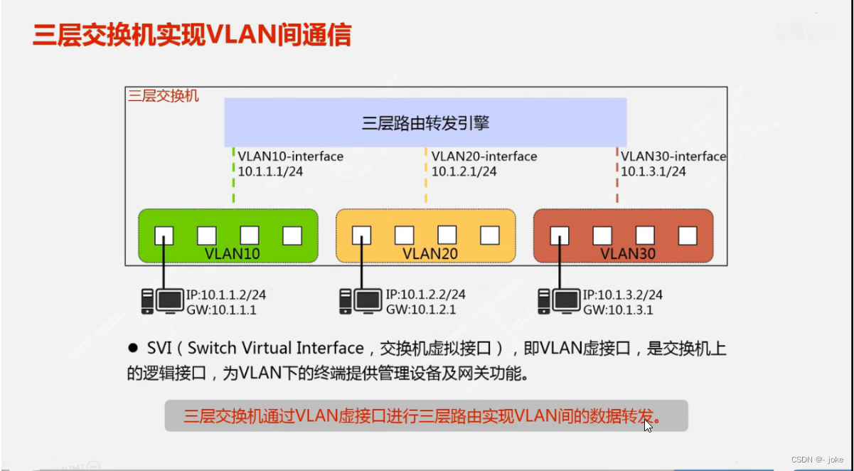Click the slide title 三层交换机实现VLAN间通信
192,35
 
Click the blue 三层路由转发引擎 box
425,123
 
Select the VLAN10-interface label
290,157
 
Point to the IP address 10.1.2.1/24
464,171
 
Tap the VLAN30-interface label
673,157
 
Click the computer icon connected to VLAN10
162,301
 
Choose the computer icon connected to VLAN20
361,301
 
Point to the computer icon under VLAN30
558,301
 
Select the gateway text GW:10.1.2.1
421,309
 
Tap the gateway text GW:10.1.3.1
618,309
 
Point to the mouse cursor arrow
648,425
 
